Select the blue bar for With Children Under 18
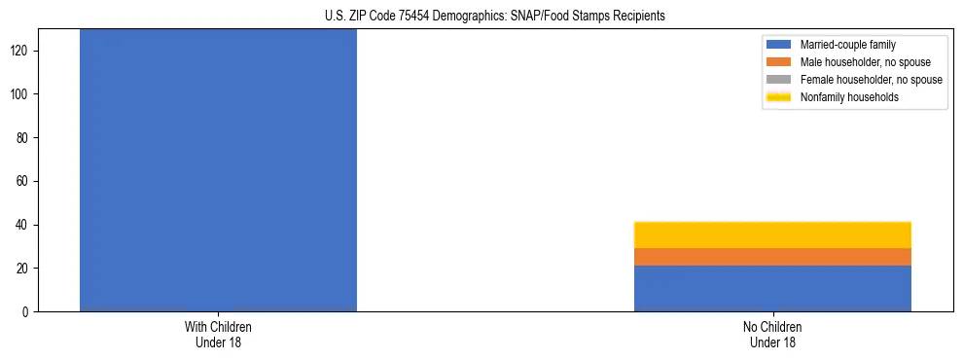[x=218, y=170]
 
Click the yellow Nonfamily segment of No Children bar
[x=772, y=234]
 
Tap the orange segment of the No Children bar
[x=772, y=257]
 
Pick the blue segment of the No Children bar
[x=772, y=289]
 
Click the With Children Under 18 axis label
[x=218, y=335]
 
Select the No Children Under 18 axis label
[x=772, y=335]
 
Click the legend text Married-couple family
[x=848, y=45]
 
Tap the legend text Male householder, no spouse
[x=864, y=62]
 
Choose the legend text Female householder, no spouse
[x=871, y=80]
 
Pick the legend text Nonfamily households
[x=848, y=97]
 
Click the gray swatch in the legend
[x=779, y=80]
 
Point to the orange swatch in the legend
[x=779, y=62]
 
